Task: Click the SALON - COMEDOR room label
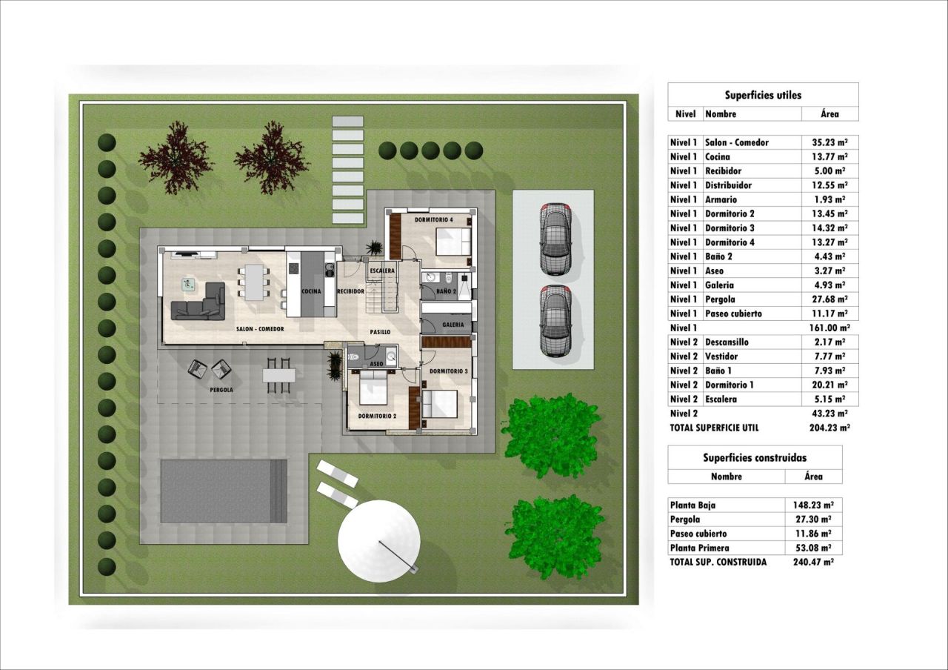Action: (x=260, y=329)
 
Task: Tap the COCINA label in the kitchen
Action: (x=311, y=291)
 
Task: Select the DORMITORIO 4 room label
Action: (x=434, y=220)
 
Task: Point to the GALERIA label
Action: (x=453, y=325)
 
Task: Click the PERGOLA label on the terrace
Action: (x=221, y=390)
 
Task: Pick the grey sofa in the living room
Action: (x=198, y=301)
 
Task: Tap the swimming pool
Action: (x=224, y=491)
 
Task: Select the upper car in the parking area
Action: (x=555, y=239)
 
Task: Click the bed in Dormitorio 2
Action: (x=373, y=387)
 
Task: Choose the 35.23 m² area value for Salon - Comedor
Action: (x=829, y=142)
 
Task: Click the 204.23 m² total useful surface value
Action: (x=829, y=428)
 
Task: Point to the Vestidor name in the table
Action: (x=721, y=356)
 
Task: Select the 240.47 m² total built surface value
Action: (x=813, y=562)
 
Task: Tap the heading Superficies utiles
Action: (x=763, y=95)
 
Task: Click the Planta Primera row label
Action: (x=700, y=548)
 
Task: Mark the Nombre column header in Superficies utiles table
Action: (x=721, y=114)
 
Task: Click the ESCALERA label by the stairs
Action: (x=382, y=271)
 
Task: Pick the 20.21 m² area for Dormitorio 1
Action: (x=829, y=385)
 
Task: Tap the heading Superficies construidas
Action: (x=755, y=457)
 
